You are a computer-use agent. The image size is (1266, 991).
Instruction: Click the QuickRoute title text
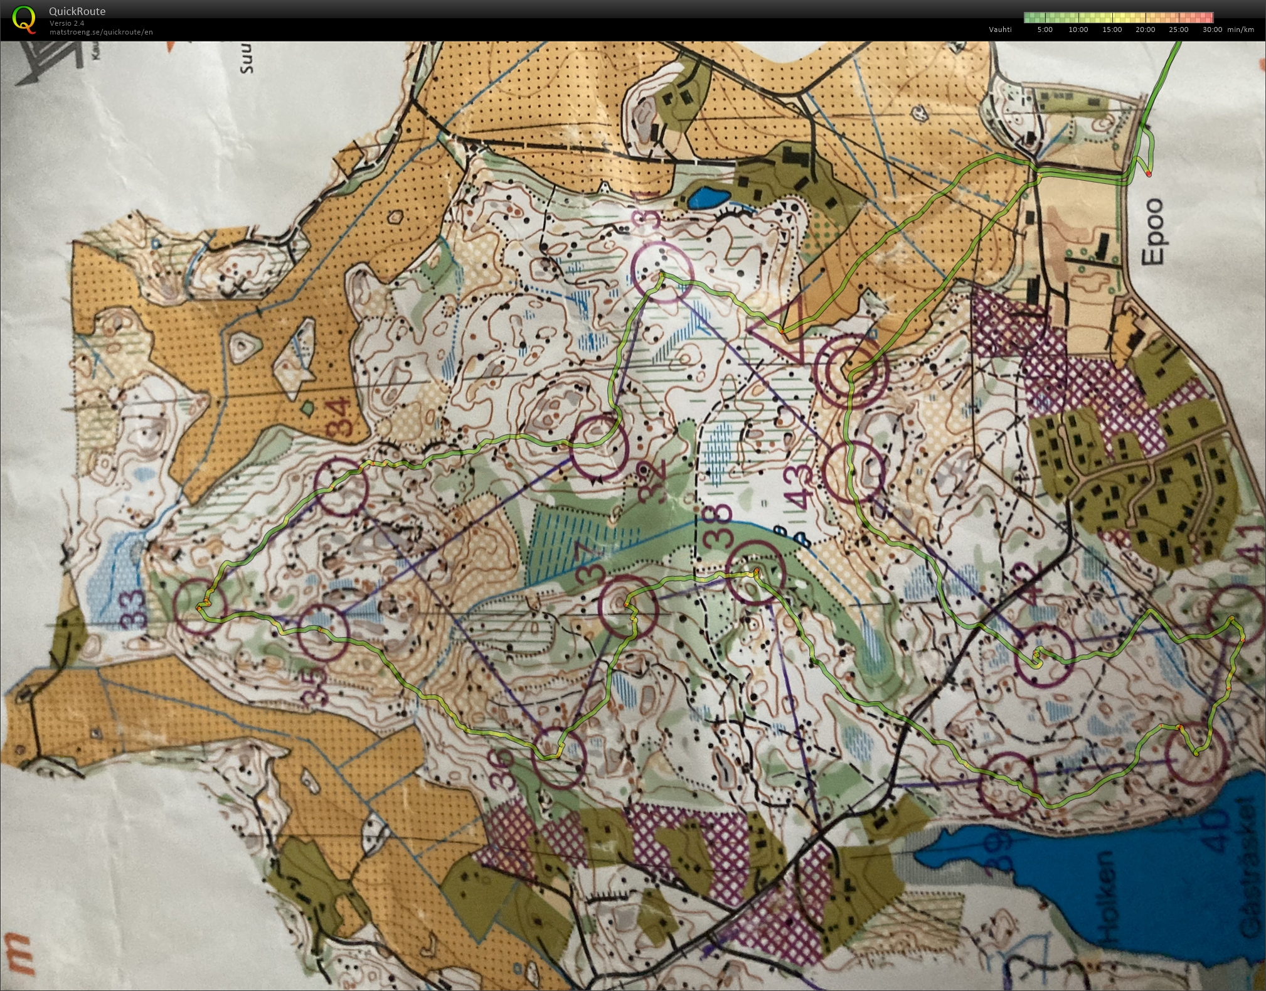point(77,11)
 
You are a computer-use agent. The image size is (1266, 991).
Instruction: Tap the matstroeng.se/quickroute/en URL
point(100,32)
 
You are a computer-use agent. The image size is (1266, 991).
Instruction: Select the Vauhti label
point(1000,29)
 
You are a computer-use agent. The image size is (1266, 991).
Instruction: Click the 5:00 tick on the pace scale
point(1045,29)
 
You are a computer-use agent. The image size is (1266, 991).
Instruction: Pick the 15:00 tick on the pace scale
point(1112,29)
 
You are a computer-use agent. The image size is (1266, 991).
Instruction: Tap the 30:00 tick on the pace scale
point(1212,29)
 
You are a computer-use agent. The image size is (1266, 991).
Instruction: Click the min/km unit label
point(1240,29)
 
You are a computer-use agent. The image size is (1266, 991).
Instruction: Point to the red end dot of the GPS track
point(1149,174)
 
